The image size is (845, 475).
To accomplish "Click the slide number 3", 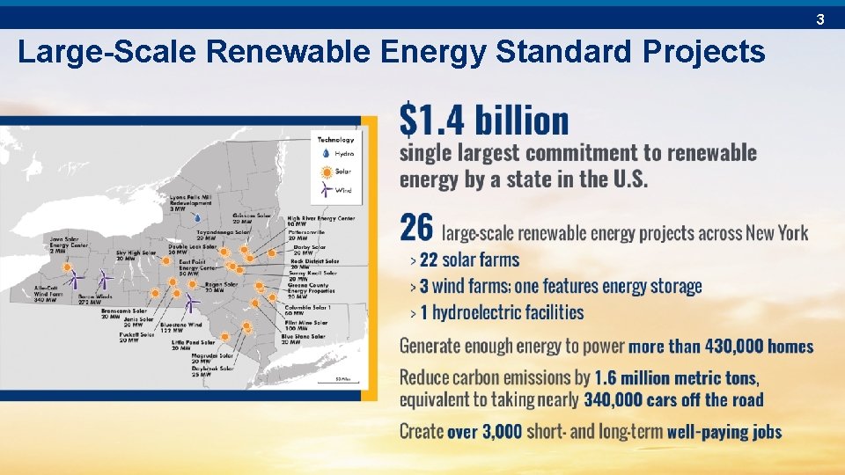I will (x=819, y=18).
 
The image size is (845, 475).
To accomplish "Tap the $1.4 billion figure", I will (x=484, y=121).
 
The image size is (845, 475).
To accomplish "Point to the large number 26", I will (x=416, y=230).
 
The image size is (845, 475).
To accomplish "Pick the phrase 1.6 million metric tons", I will (x=675, y=377).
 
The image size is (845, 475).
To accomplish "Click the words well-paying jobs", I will (x=724, y=431).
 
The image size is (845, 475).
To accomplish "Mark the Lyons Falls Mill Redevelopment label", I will (x=191, y=203).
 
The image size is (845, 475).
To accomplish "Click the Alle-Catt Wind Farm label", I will (x=46, y=294).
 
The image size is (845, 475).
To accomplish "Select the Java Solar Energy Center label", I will (x=45, y=243).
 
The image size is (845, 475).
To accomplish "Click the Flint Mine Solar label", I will (x=305, y=325).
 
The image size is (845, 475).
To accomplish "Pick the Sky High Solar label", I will (x=136, y=255).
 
